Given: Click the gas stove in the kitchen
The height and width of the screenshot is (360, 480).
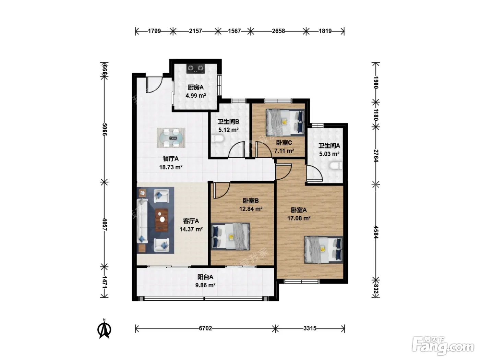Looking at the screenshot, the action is click(x=195, y=69).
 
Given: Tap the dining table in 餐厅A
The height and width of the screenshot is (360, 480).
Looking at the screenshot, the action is click(x=171, y=138).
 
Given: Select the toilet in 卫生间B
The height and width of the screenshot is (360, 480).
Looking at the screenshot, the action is click(x=217, y=139).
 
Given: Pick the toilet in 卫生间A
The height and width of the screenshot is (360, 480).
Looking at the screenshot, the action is click(x=336, y=166).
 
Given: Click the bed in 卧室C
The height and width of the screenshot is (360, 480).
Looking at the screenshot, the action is click(x=285, y=123).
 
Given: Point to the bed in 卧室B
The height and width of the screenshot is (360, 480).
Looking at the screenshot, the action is click(x=230, y=237).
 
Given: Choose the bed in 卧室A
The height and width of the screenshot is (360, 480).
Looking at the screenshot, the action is click(x=324, y=250).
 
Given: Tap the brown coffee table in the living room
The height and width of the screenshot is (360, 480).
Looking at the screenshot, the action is click(x=161, y=220).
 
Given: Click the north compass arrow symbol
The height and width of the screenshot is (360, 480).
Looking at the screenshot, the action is click(x=104, y=329).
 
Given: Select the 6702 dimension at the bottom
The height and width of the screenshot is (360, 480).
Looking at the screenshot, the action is click(x=205, y=328).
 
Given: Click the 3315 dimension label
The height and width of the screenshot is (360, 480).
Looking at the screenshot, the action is click(x=310, y=328).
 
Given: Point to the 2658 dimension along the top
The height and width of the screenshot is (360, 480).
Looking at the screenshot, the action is click(x=278, y=31).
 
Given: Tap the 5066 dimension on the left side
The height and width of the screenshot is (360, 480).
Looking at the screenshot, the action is click(x=105, y=129).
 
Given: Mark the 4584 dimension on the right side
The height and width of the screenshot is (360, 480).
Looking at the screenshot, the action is click(x=376, y=232).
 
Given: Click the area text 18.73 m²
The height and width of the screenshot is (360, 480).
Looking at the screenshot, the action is click(x=171, y=167).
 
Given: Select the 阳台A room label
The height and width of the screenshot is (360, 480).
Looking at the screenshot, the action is click(x=205, y=277).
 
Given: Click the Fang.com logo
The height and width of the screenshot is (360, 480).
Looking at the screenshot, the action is click(x=443, y=346).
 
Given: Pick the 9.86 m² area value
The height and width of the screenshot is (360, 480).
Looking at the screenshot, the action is click(x=205, y=285).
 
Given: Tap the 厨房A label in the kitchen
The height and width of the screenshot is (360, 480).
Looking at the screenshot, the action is click(x=195, y=87).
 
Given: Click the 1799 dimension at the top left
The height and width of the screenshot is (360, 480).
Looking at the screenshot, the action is click(x=154, y=31).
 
